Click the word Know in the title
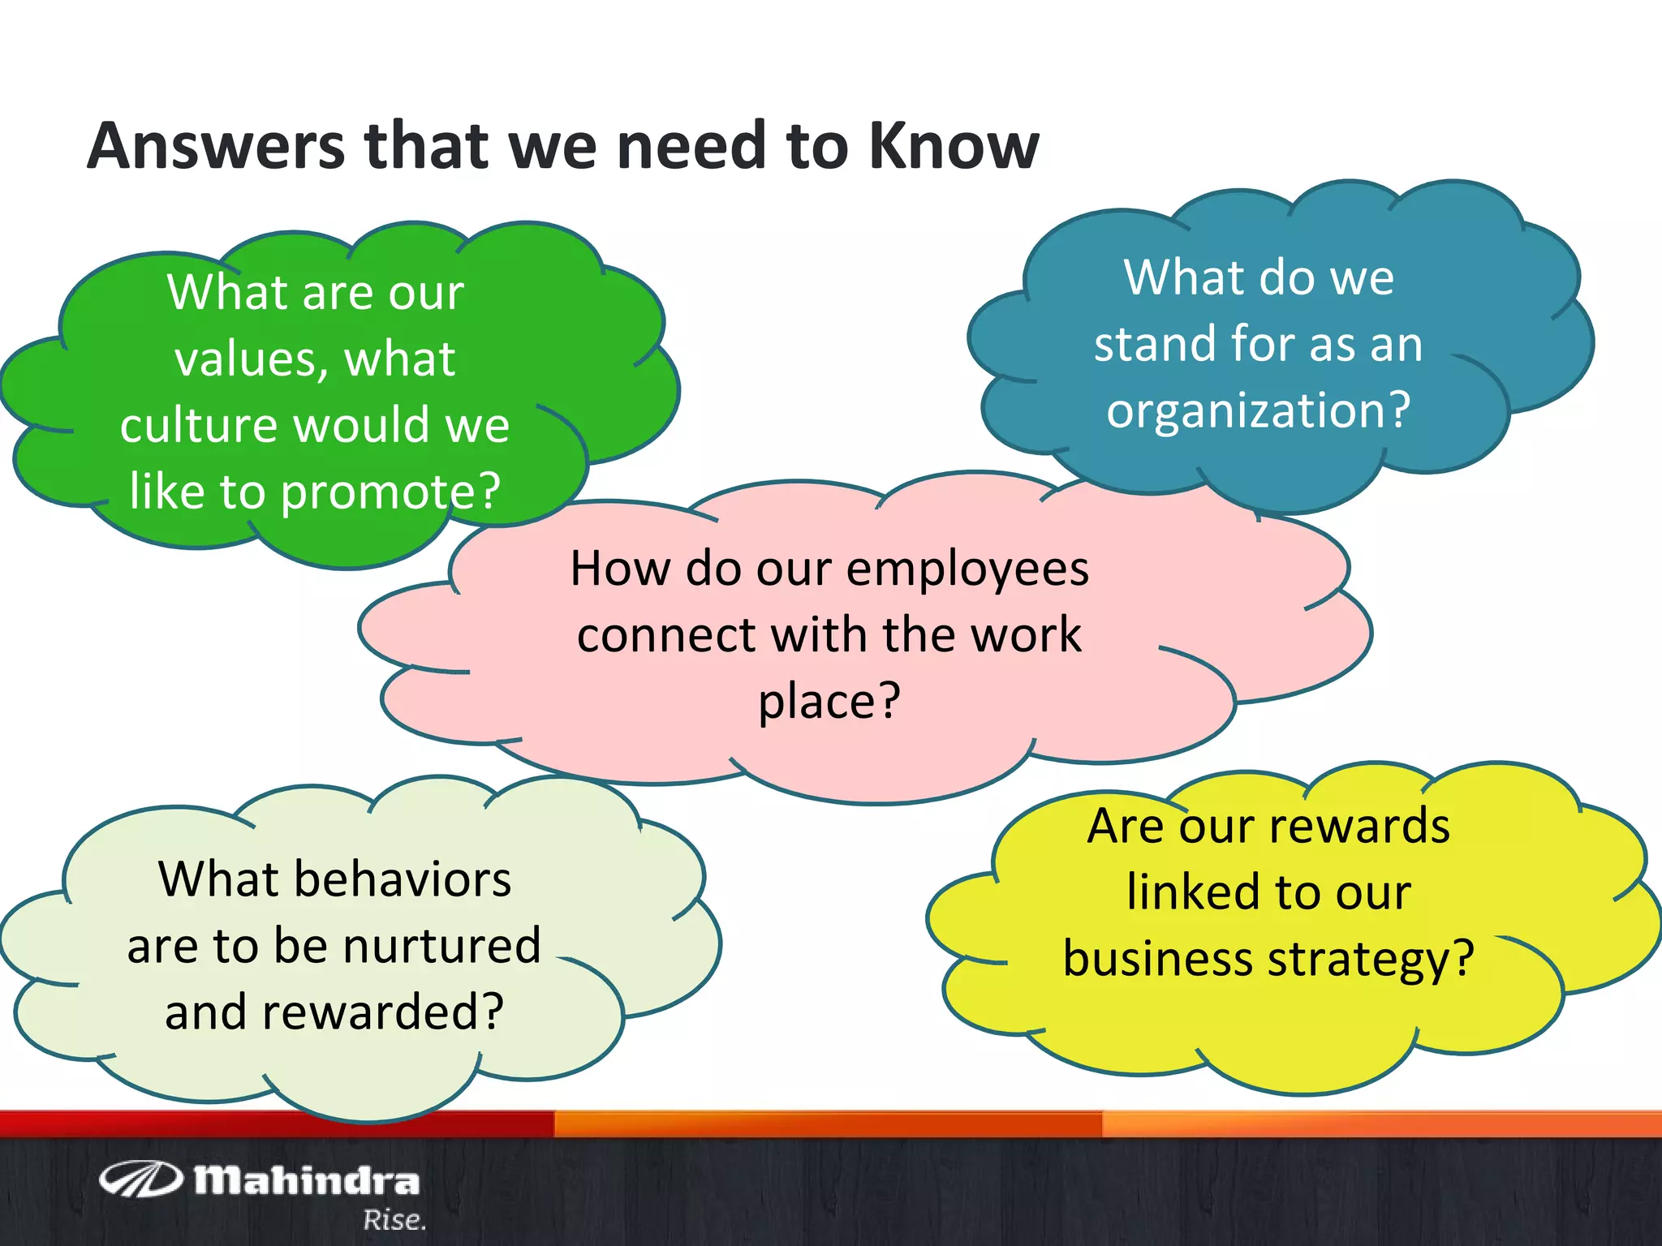pos(954,146)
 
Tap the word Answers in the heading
pos(216,146)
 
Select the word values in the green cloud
pos(243,359)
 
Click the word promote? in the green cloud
pos(390,492)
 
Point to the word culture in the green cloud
pos(195,426)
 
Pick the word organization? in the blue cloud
pos(1259,410)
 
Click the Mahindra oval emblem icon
pos(140,1179)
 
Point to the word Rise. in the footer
pos(394,1220)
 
